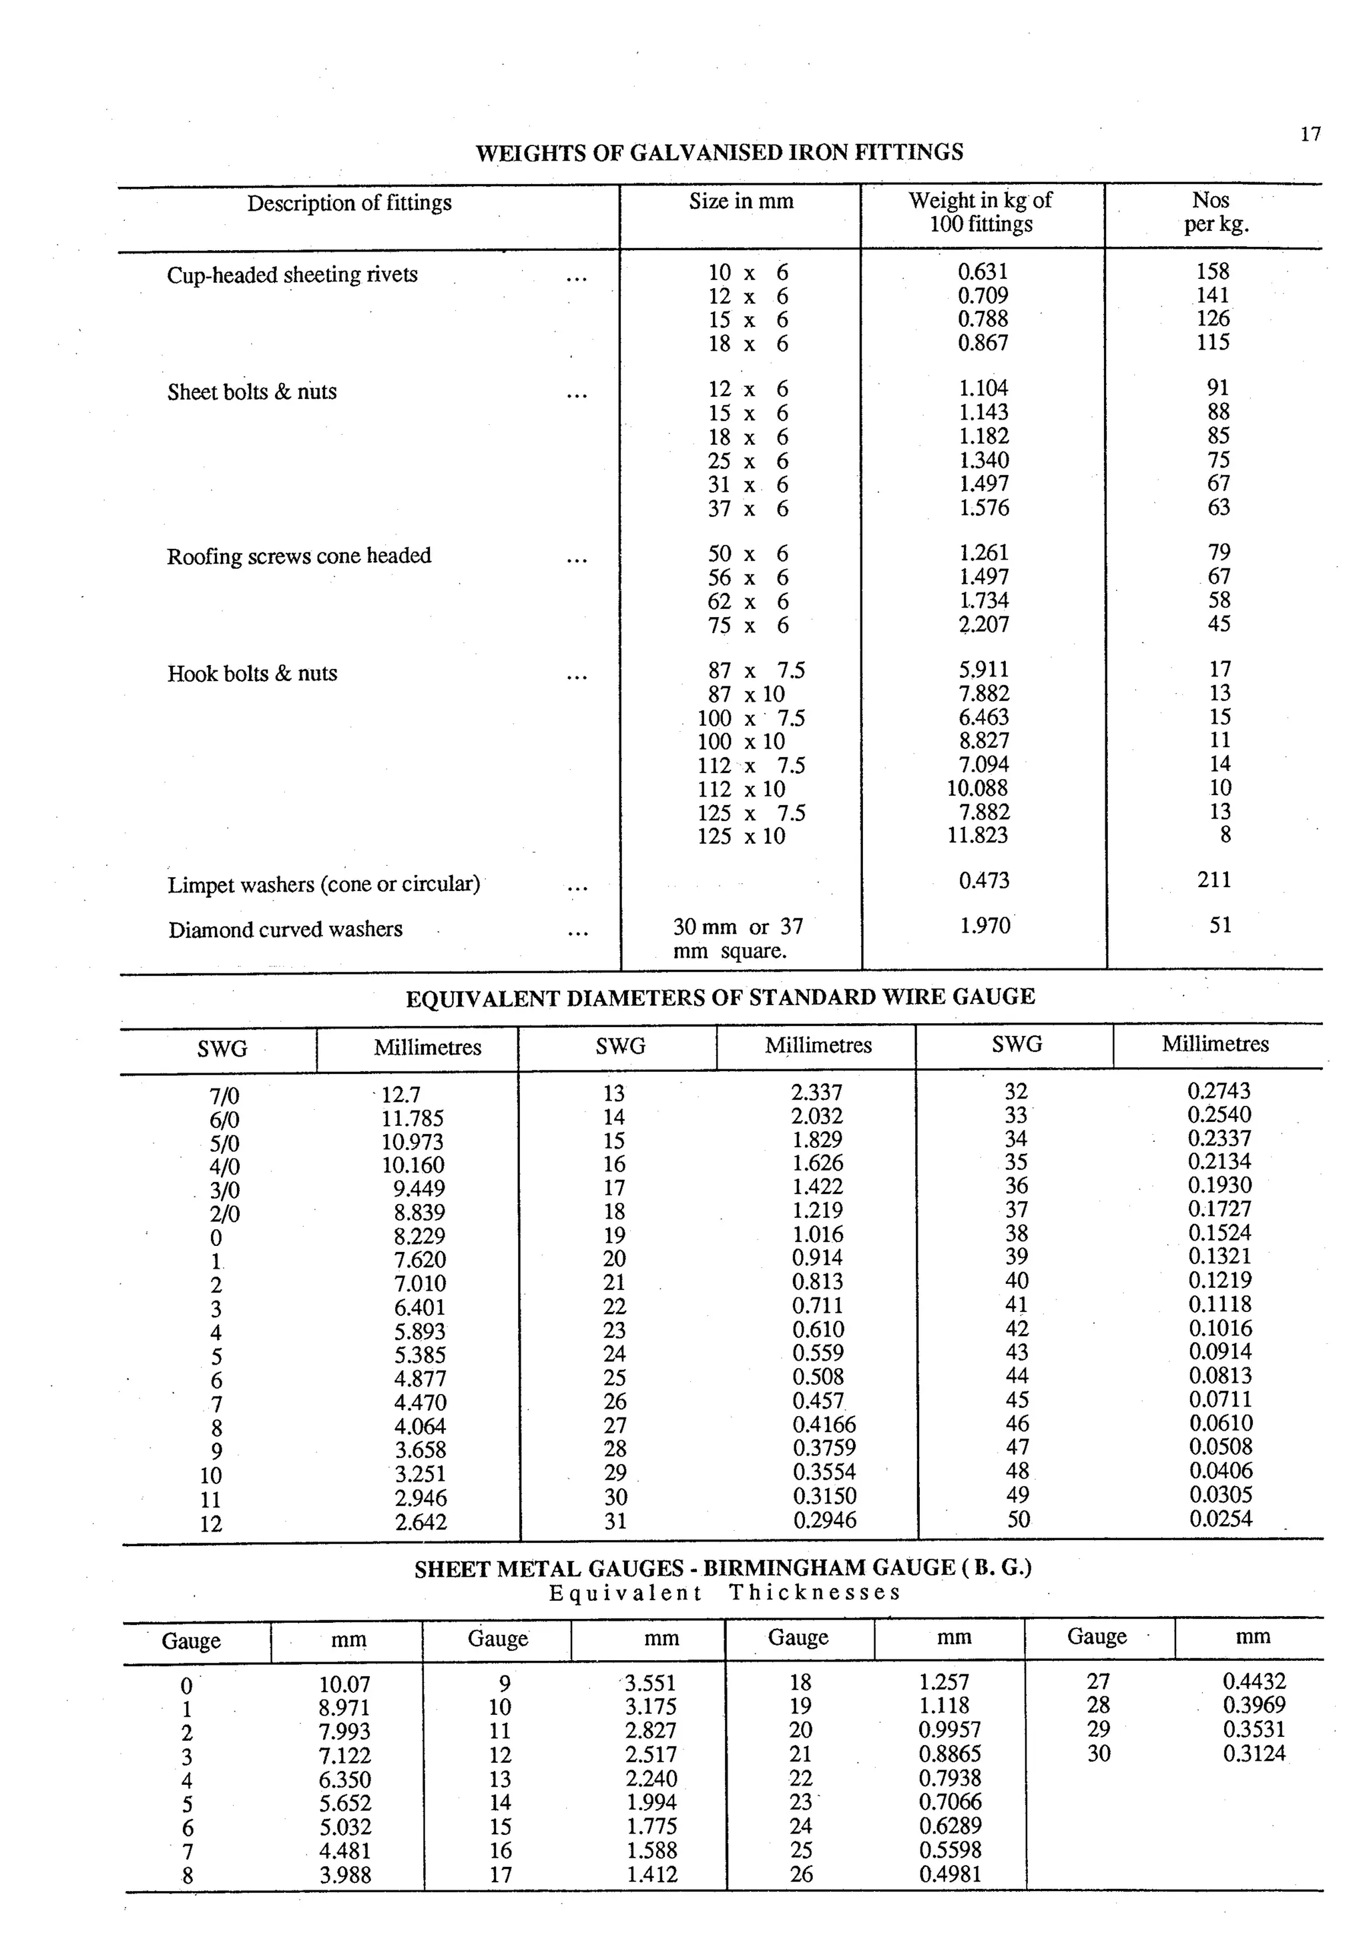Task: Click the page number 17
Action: click(x=1310, y=135)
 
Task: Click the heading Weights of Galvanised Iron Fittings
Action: click(x=720, y=152)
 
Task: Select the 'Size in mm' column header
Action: click(x=740, y=201)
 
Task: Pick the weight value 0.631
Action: click(x=982, y=272)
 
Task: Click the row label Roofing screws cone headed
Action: click(x=298, y=556)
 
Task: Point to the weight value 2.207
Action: click(x=983, y=625)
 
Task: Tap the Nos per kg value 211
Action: click(x=1213, y=880)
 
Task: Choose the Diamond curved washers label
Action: click(x=285, y=929)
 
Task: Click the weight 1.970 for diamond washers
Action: click(x=984, y=926)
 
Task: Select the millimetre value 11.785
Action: click(x=412, y=1119)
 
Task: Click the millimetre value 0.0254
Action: click(x=1220, y=1519)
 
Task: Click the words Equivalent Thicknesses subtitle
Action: click(x=724, y=1593)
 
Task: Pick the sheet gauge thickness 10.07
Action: click(x=344, y=1685)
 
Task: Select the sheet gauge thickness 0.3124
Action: click(x=1254, y=1754)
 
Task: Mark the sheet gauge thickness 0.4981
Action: click(x=950, y=1874)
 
